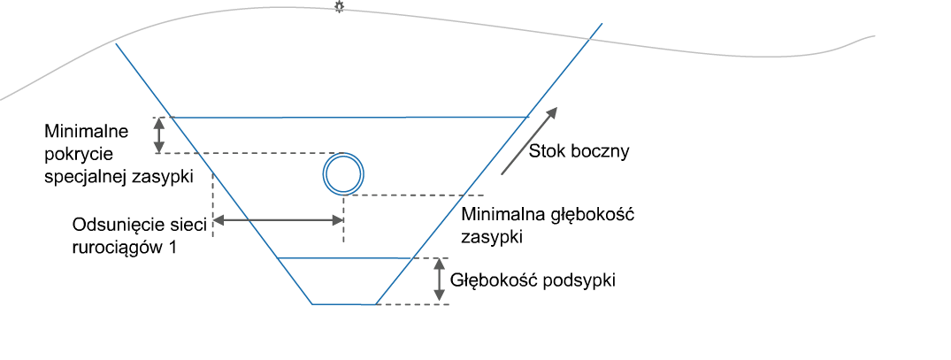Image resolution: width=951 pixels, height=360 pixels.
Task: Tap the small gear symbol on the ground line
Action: point(338,7)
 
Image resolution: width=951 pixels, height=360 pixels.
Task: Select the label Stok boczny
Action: point(579,151)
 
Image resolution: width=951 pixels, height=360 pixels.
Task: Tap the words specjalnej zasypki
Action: point(119,177)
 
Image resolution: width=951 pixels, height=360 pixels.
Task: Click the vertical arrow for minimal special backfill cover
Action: point(159,135)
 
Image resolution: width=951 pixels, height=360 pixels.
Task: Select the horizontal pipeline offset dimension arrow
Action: point(278,221)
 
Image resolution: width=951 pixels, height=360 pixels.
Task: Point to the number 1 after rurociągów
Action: point(173,249)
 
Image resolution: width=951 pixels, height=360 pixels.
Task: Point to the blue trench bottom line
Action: point(344,304)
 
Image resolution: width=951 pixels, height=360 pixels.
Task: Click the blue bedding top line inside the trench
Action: point(345,258)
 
